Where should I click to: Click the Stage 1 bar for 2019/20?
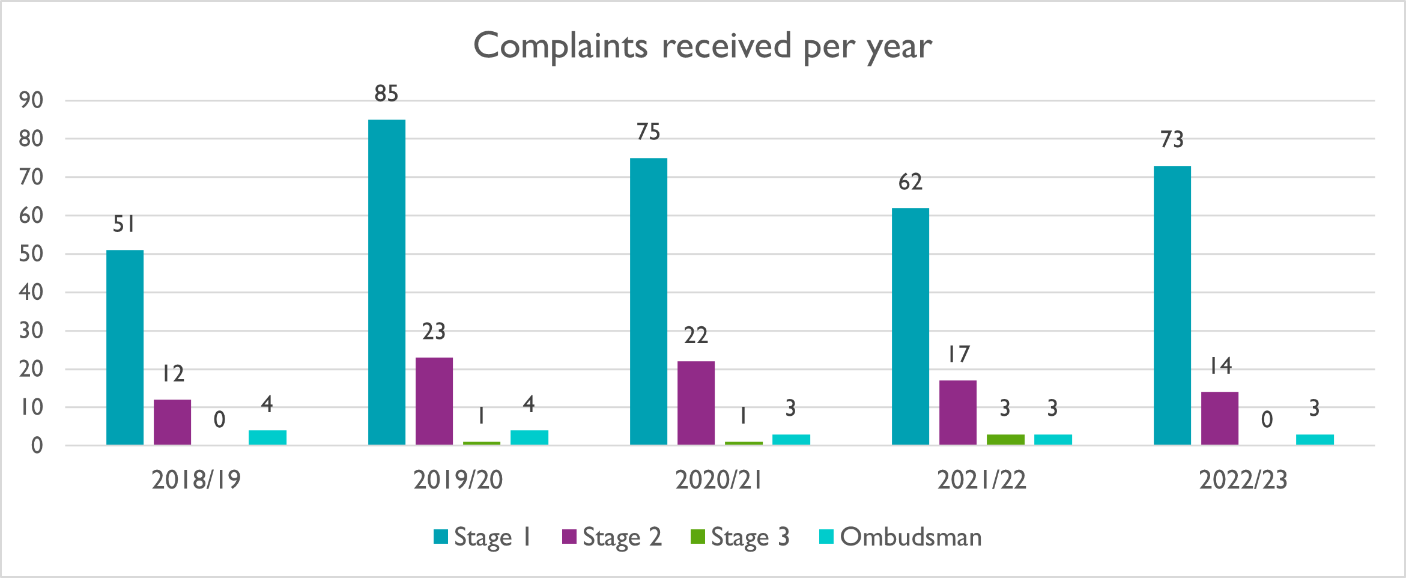click(386, 282)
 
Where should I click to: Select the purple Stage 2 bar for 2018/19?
click(172, 422)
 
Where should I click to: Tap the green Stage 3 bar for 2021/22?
click(1005, 439)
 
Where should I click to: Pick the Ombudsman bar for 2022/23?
click(1315, 439)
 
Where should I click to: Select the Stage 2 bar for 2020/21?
click(696, 403)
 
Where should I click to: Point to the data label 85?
click(386, 94)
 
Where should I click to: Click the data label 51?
click(124, 224)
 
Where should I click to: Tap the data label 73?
click(1172, 140)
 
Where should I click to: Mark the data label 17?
click(959, 354)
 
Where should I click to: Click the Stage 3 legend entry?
click(740, 537)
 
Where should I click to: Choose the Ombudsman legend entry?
click(901, 537)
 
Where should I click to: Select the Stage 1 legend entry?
click(483, 537)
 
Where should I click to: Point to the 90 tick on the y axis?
click(31, 100)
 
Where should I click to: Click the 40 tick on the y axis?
click(31, 293)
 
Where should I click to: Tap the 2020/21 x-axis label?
click(719, 480)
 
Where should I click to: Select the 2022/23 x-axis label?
click(1243, 480)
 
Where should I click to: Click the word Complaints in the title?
click(560, 46)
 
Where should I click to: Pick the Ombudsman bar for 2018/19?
click(267, 437)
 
